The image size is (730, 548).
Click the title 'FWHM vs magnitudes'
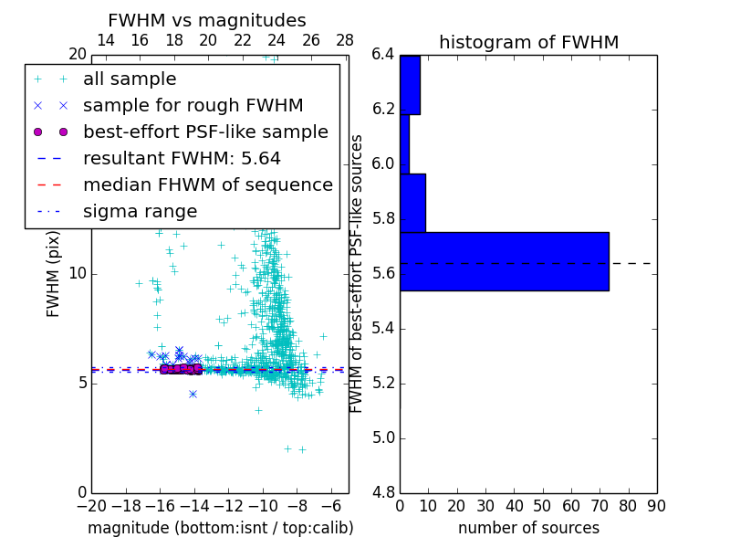pos(207,21)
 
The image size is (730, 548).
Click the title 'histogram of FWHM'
pos(528,42)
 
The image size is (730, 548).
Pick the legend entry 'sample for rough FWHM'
pos(193,106)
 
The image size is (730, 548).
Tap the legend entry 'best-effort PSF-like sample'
pos(205,132)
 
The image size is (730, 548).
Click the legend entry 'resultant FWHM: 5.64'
pos(182,159)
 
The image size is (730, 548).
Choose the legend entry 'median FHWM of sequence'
pos(207,185)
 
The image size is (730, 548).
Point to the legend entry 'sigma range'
pos(140,212)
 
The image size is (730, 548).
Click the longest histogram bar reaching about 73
pos(504,261)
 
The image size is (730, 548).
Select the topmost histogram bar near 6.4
pos(410,85)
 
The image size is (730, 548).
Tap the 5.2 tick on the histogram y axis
pos(383,384)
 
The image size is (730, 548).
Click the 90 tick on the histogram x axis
pos(656,506)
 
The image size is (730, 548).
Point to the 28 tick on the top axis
pos(345,40)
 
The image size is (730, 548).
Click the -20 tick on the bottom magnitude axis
pos(91,506)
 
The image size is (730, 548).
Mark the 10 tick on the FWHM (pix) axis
pos(77,274)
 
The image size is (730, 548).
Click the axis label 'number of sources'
pos(528,528)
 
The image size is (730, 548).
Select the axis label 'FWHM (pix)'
pos(54,274)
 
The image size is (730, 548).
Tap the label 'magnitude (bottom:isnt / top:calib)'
pos(220,528)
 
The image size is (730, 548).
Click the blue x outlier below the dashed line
pos(193,394)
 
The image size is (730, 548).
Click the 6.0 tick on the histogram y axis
pos(383,164)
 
